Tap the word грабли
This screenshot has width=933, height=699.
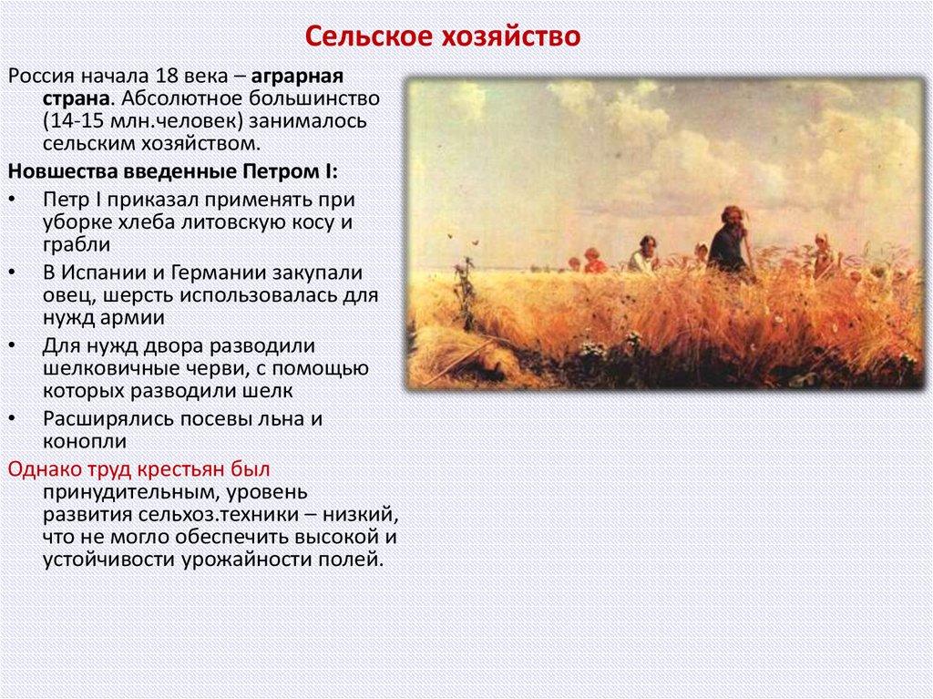pos(76,245)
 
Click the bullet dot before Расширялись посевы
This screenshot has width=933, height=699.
pos(11,418)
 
